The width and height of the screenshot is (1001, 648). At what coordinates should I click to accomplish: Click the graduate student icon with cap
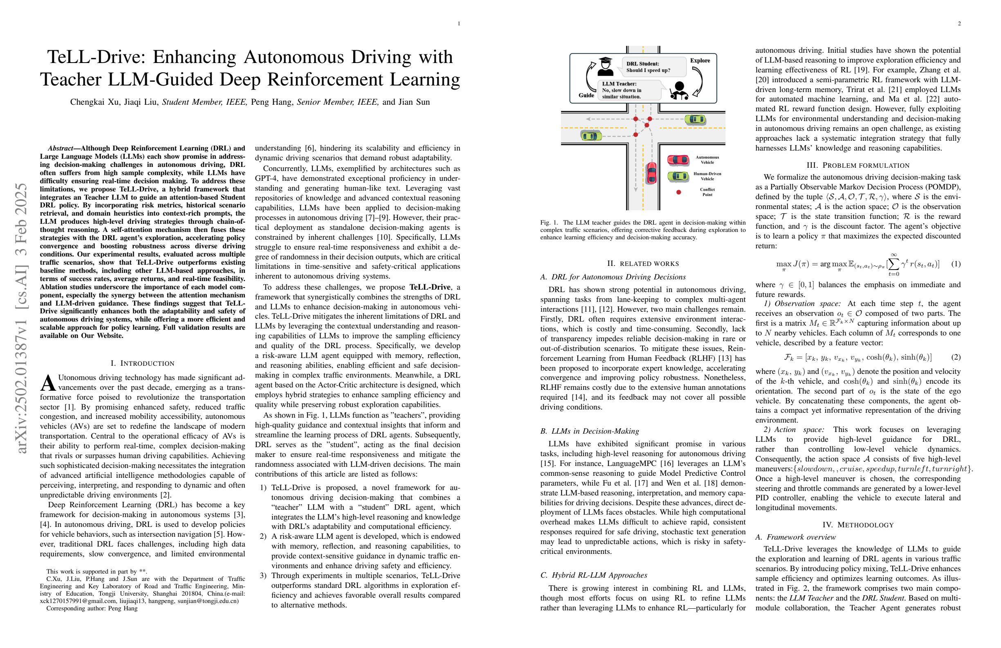605,67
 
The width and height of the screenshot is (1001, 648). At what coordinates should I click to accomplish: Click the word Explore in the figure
700,61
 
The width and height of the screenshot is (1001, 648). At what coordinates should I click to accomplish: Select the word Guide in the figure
586,95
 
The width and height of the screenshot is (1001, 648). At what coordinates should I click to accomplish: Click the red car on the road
651,173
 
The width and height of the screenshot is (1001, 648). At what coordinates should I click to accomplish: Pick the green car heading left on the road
695,119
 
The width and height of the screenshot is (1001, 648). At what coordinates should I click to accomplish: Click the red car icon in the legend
678,160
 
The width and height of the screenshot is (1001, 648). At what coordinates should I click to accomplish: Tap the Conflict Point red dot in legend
678,192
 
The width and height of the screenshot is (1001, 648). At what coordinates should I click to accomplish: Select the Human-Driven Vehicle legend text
707,176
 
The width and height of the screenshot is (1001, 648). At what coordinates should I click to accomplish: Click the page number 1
459,24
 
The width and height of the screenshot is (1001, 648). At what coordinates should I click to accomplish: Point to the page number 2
959,24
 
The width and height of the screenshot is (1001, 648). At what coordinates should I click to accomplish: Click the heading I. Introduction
142,363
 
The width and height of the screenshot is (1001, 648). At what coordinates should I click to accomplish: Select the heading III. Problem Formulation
857,165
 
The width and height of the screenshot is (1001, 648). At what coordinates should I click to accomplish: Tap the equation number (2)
956,357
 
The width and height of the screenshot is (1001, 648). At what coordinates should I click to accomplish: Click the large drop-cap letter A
48,382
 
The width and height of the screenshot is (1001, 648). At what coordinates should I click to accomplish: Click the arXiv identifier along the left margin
21,318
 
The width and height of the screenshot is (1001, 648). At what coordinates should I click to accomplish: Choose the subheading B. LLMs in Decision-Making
589,431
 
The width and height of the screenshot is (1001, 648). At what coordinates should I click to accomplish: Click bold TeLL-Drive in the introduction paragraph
430,287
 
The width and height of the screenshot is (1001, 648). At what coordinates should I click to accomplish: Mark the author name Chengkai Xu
94,102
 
